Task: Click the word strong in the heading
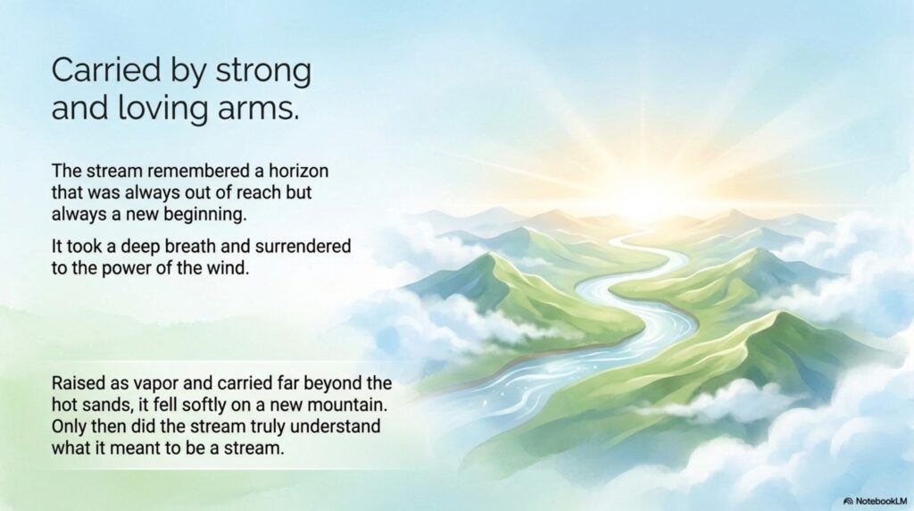(x=263, y=71)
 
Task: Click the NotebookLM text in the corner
(x=881, y=501)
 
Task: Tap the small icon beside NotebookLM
(x=848, y=501)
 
